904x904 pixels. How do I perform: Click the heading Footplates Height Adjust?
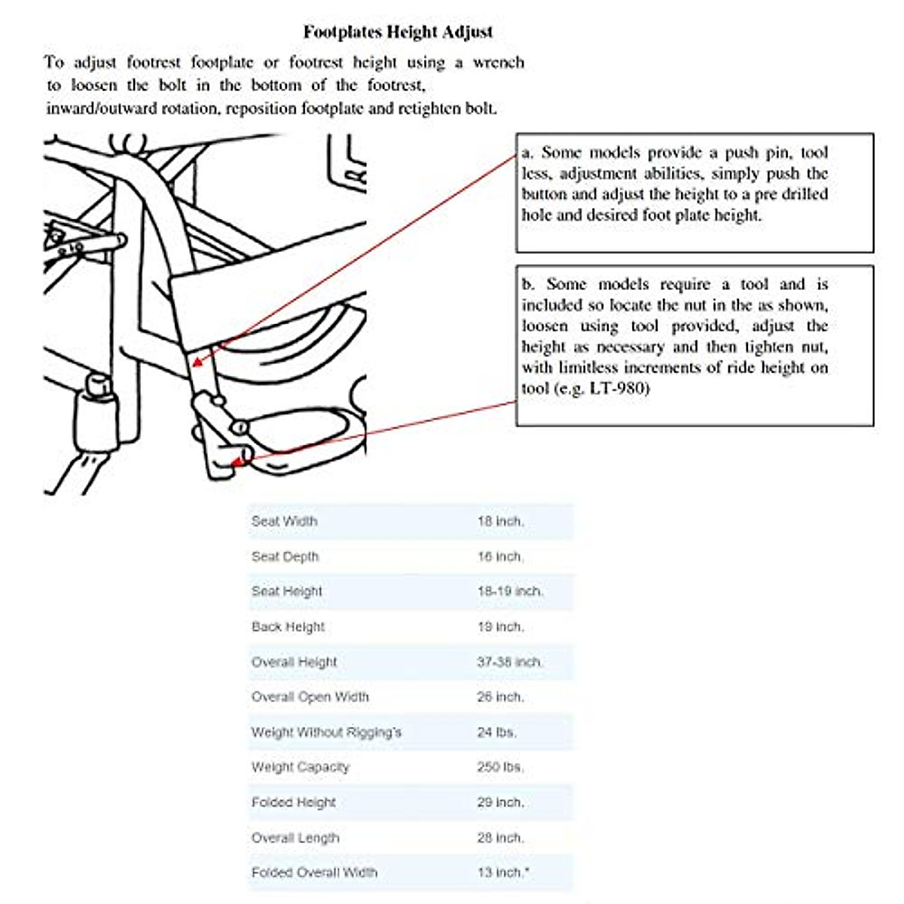398,32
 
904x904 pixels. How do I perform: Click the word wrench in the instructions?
498,63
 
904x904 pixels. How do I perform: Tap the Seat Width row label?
284,521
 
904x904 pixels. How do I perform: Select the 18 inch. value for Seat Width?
500,521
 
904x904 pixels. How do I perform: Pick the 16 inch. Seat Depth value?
500,557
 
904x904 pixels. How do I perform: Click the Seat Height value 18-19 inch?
510,591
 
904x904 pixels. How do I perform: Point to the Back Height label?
288,627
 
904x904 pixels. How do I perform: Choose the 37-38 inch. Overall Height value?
510,662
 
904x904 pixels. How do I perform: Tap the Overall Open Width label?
310,697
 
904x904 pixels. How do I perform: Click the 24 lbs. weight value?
496,732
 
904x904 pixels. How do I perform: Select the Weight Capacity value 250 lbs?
500,767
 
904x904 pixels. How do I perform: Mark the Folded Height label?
293,802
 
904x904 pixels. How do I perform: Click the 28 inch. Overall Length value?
500,838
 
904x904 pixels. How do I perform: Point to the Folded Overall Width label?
314,872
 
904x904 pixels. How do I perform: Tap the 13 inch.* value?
502,872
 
